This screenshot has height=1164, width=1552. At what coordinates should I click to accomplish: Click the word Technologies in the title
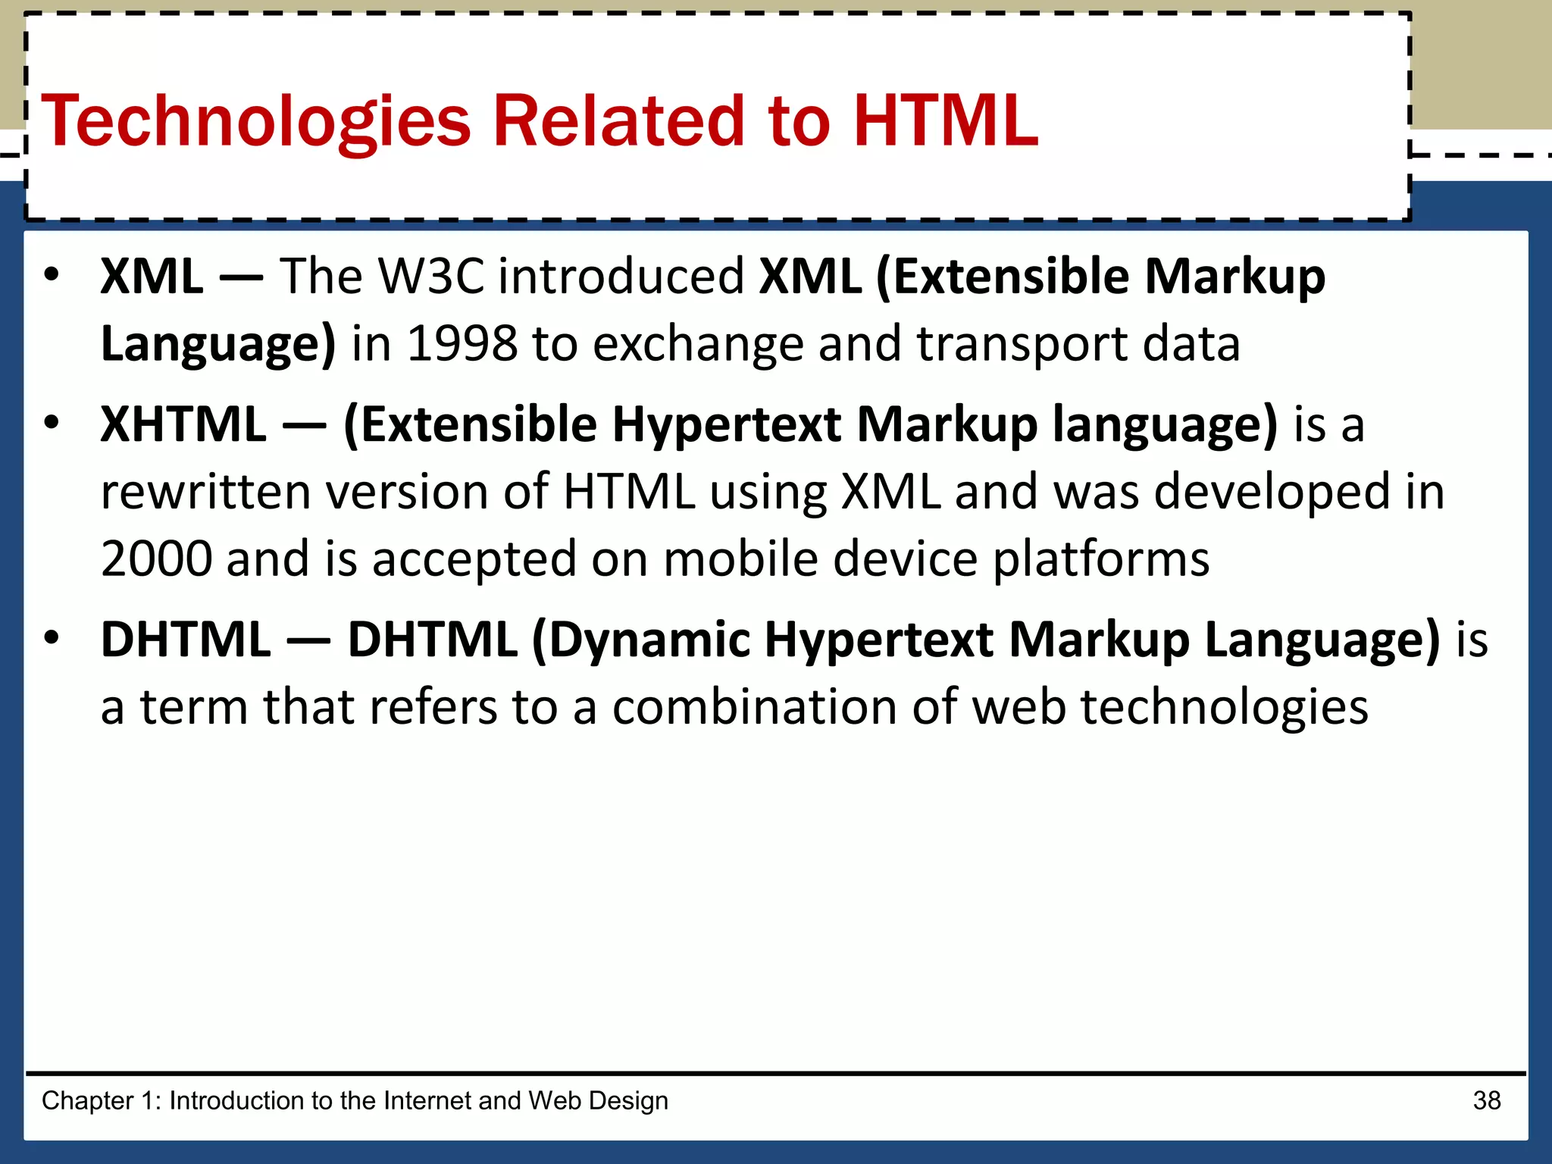tap(256, 121)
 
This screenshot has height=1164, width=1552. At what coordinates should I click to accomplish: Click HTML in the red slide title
tap(945, 121)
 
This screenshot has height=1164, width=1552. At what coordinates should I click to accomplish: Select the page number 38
tap(1487, 1100)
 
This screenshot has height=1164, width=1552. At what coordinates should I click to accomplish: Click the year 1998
tap(462, 343)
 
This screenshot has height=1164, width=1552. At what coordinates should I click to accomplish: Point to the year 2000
tap(156, 559)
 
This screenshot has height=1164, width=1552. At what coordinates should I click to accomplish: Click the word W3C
tap(430, 276)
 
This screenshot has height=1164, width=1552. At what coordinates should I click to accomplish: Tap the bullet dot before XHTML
tap(51, 423)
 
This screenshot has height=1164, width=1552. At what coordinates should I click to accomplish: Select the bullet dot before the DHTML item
tap(51, 639)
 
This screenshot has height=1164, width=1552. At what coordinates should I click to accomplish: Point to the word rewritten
tap(205, 492)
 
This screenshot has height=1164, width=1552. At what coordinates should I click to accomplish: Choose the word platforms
tap(1100, 560)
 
